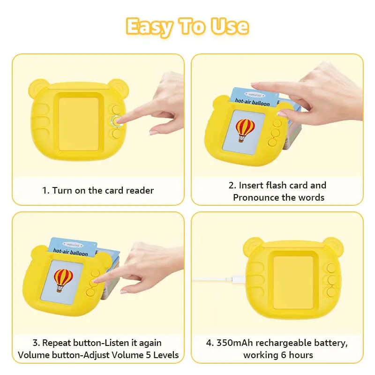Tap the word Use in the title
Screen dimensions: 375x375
tap(230, 26)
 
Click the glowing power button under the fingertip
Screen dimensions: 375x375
tap(115, 121)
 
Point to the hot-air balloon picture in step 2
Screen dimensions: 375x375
tap(245, 128)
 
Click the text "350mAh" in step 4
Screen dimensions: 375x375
tap(233, 343)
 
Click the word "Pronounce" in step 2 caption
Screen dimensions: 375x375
tap(256, 197)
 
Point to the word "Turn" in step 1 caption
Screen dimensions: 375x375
tap(61, 190)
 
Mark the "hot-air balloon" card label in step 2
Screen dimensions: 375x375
tap(253, 102)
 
